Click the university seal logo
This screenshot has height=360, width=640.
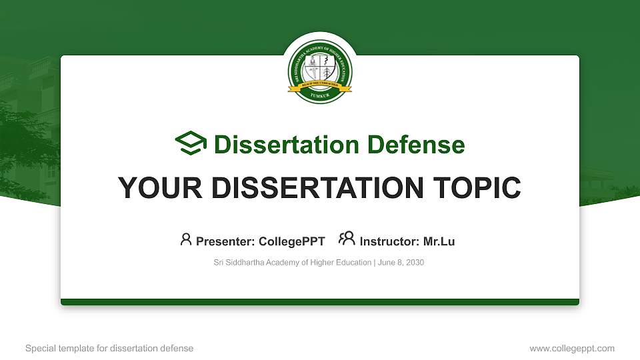click(320, 70)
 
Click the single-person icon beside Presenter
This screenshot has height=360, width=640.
click(186, 239)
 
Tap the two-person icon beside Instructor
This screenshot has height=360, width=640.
click(347, 239)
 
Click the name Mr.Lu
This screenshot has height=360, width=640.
click(439, 241)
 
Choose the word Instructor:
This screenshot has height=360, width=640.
click(389, 241)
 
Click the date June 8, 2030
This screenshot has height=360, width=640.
click(401, 263)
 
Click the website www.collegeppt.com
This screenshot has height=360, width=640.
click(571, 348)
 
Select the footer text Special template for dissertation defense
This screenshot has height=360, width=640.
click(109, 348)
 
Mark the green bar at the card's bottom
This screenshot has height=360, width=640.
click(320, 302)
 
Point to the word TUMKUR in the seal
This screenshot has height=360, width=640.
click(320, 96)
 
